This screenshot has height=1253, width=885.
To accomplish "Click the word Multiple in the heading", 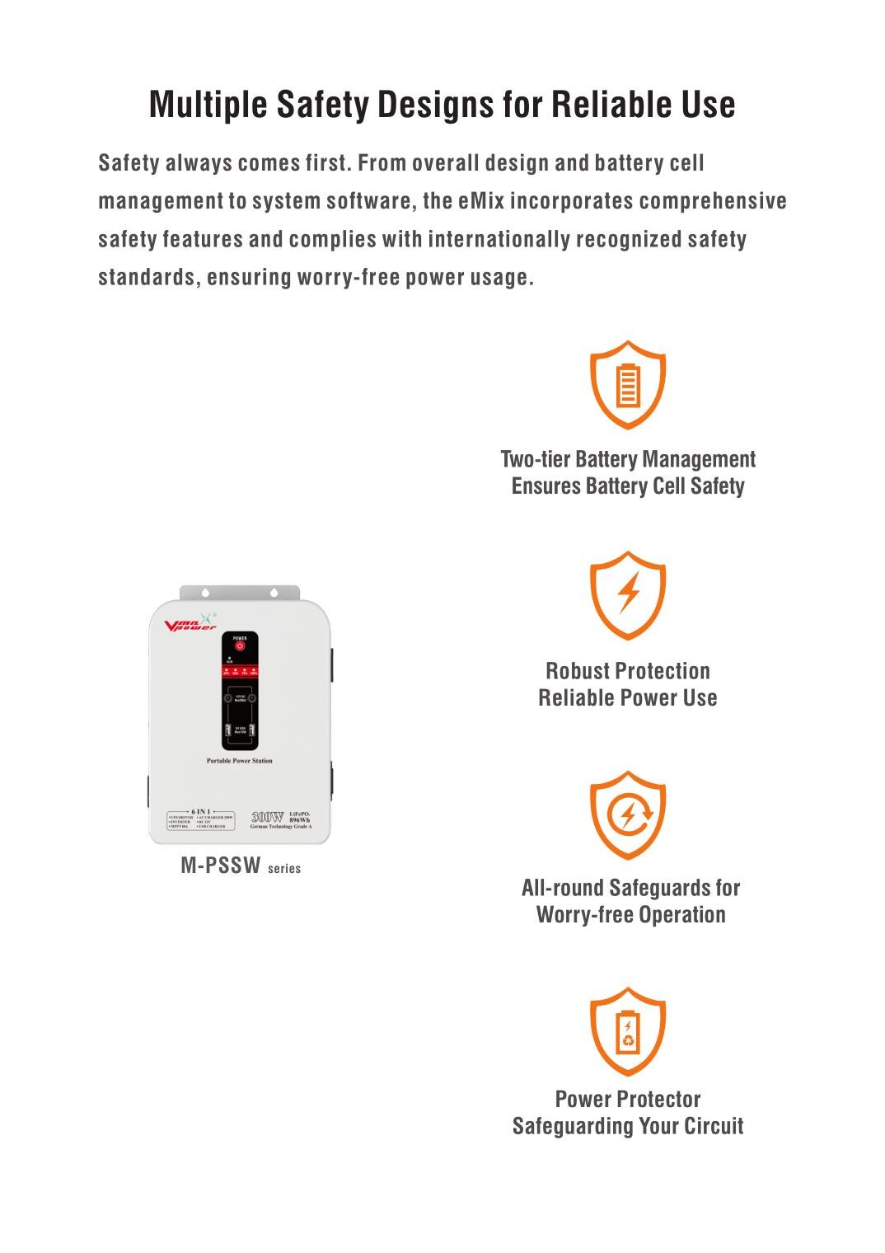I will click(208, 105).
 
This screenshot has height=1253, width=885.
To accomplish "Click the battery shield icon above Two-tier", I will click(628, 384).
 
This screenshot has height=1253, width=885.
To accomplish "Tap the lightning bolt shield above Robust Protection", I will click(628, 594).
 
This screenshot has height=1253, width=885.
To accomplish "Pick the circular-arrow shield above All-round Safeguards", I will click(628, 815).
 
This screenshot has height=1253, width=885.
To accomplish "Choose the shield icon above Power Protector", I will click(628, 1031).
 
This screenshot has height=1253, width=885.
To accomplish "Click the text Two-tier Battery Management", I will click(628, 459).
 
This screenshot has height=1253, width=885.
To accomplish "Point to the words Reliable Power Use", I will click(628, 698).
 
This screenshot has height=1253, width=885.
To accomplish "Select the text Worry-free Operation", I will click(630, 915).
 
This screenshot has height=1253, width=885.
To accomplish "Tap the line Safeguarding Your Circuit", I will click(628, 1126).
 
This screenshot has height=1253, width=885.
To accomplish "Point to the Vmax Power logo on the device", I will click(190, 624).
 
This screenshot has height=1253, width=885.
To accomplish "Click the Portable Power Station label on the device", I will click(239, 761).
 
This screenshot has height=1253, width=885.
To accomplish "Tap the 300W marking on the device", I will click(266, 817).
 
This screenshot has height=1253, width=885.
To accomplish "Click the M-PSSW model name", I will click(220, 866).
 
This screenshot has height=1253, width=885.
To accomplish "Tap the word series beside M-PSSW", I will click(284, 869).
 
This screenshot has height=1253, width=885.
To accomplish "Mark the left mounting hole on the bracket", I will click(205, 592).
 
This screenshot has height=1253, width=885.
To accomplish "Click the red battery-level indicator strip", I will click(239, 672).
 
